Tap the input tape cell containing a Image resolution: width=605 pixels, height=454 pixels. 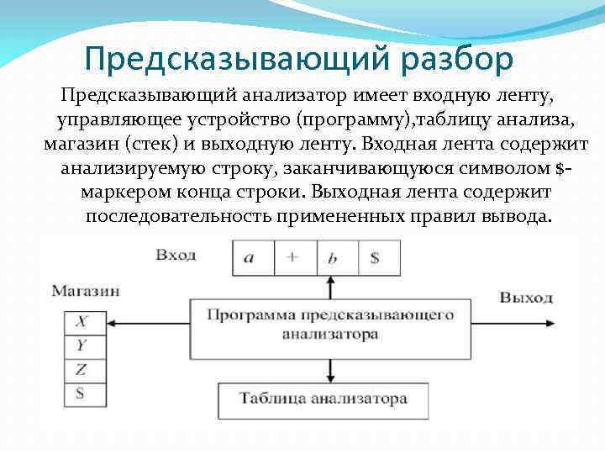[249, 257]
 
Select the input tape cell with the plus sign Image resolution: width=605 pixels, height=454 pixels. [292, 257]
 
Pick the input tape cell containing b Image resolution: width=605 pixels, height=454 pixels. [333, 257]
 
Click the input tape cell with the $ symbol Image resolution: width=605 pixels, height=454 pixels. [375, 257]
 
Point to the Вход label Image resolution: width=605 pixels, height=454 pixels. [176, 254]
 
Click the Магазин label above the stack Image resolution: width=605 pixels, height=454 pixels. [85, 291]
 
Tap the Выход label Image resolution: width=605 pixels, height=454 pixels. [526, 298]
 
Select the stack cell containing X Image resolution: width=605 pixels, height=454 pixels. [81, 321]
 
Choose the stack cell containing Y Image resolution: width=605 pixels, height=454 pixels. [81, 345]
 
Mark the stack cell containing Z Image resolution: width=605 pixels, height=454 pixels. [81, 369]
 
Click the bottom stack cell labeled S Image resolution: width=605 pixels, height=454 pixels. [81, 393]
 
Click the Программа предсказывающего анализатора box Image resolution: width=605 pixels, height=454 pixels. [329, 324]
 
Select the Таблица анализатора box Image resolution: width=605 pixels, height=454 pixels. [323, 398]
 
